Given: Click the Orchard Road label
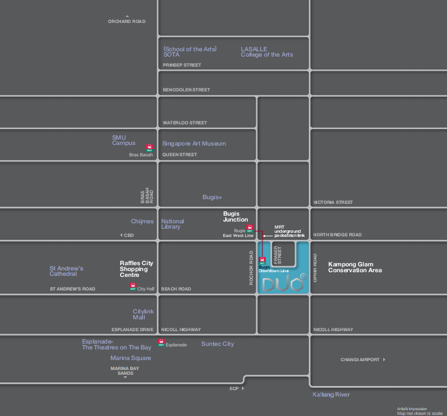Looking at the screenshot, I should pyautogui.click(x=126, y=22).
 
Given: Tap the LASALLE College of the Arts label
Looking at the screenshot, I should pyautogui.click(x=266, y=52).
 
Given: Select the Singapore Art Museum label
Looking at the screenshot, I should pyautogui.click(x=194, y=143).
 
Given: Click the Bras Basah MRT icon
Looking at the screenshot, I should pyautogui.click(x=149, y=148).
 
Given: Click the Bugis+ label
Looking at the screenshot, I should pyautogui.click(x=212, y=197).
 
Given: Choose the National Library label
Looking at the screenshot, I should pyautogui.click(x=172, y=224).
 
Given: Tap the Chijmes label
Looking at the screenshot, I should pyautogui.click(x=142, y=222).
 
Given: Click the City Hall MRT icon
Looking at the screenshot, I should pyautogui.click(x=133, y=287).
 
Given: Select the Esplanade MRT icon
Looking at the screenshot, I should pyautogui.click(x=161, y=342).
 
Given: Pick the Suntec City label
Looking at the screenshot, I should pyautogui.click(x=217, y=344).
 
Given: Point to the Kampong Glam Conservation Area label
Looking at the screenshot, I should pyautogui.click(x=355, y=267).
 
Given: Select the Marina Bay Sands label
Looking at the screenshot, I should pyautogui.click(x=125, y=371).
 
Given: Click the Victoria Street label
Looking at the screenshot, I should pyautogui.click(x=333, y=202).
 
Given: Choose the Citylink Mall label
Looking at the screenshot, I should pyautogui.click(x=143, y=314).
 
